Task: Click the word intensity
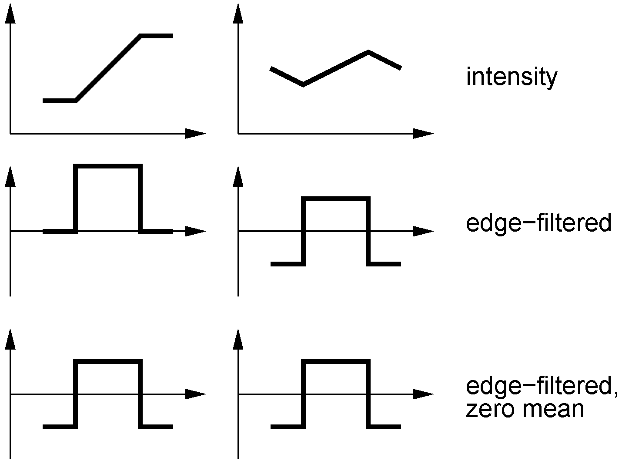(x=511, y=77)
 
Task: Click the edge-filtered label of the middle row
(x=538, y=223)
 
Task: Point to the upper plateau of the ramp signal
(x=157, y=36)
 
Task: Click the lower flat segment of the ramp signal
(x=60, y=101)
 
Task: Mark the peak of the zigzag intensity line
(x=368, y=52)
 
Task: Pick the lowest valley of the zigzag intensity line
(x=303, y=84)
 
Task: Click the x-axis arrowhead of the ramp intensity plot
(x=196, y=134)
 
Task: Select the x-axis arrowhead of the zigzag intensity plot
(x=423, y=134)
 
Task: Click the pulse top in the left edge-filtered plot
(x=108, y=166)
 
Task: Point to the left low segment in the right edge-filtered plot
(x=287, y=264)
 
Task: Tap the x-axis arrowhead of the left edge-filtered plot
(x=196, y=231)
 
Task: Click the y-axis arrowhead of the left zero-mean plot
(x=10, y=338)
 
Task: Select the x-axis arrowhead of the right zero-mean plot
(x=423, y=394)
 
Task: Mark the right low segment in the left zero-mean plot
(x=157, y=427)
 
